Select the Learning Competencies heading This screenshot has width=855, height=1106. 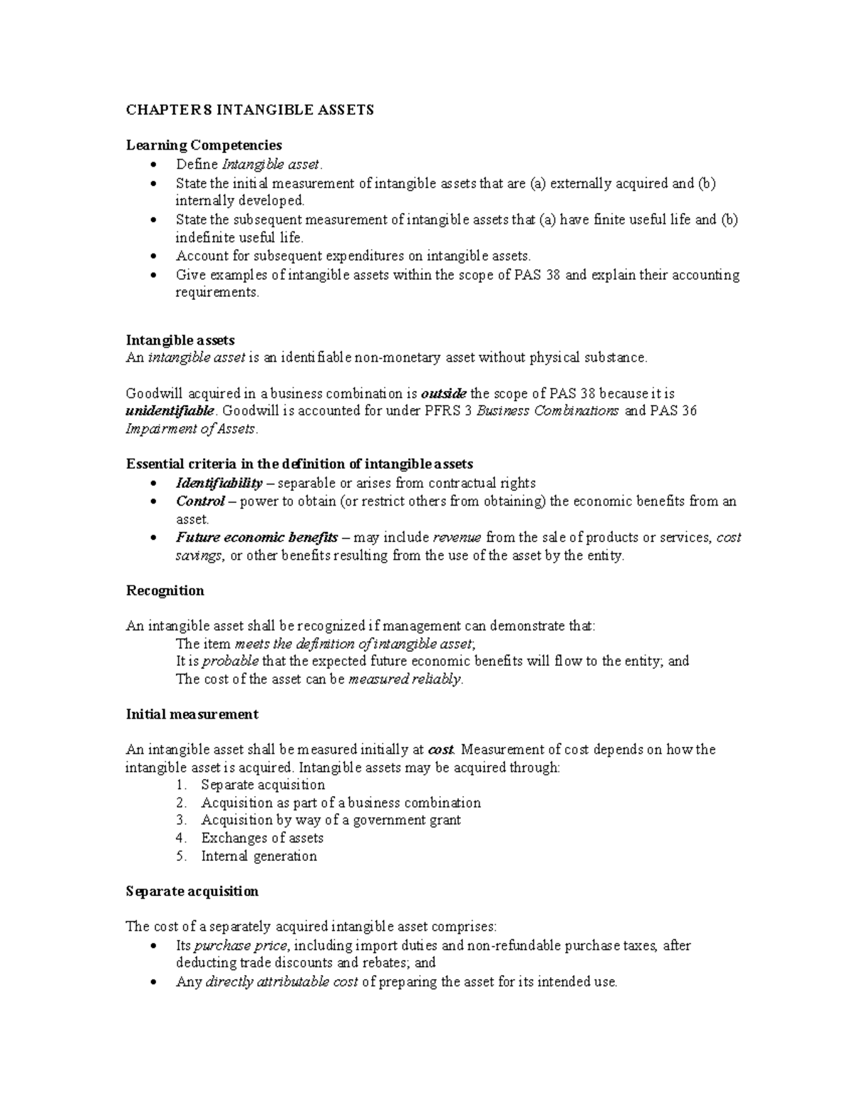click(x=204, y=145)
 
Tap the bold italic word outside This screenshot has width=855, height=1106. click(x=444, y=393)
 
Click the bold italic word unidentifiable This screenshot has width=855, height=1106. click(x=170, y=411)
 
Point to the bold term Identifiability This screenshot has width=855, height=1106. click(x=219, y=484)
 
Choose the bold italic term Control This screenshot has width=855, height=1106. click(x=200, y=501)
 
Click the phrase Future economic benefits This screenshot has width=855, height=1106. click(x=256, y=538)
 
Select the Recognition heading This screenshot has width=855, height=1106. click(x=165, y=590)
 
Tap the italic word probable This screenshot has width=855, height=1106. click(x=231, y=661)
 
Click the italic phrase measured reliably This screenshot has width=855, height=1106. click(x=405, y=679)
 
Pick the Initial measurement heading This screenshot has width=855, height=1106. click(x=192, y=714)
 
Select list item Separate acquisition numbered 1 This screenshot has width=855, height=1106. click(x=263, y=785)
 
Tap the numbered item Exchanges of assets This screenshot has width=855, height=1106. click(x=262, y=838)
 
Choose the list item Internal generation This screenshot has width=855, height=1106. click(x=259, y=856)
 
